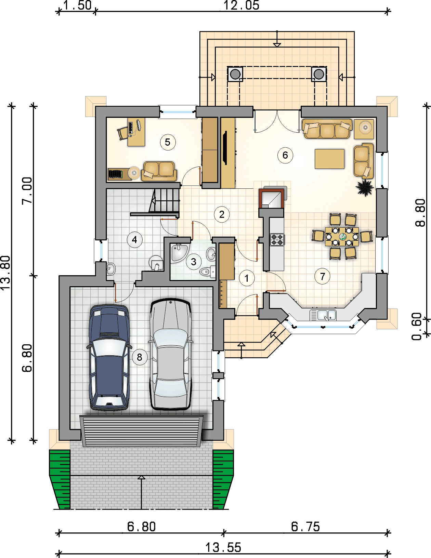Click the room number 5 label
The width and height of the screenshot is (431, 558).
coord(168,142)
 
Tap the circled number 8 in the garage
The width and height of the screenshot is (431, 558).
coord(140,357)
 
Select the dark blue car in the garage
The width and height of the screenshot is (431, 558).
coord(109,357)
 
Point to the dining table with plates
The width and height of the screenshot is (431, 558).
coord(342,237)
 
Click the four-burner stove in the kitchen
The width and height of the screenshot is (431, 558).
coord(277,240)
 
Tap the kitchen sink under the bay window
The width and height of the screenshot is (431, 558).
coord(323,315)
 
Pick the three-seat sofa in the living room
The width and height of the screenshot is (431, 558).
coord(327,129)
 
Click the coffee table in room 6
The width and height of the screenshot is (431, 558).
coord(329,159)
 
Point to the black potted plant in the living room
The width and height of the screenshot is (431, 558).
coord(365,187)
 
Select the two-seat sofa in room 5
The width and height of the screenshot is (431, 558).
coord(159,171)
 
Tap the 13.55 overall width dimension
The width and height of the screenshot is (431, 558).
coord(223,548)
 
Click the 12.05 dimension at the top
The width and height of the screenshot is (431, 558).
coord(241,5)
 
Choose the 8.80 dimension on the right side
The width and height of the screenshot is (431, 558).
coord(420,212)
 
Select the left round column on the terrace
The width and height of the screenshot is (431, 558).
coord(235,74)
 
